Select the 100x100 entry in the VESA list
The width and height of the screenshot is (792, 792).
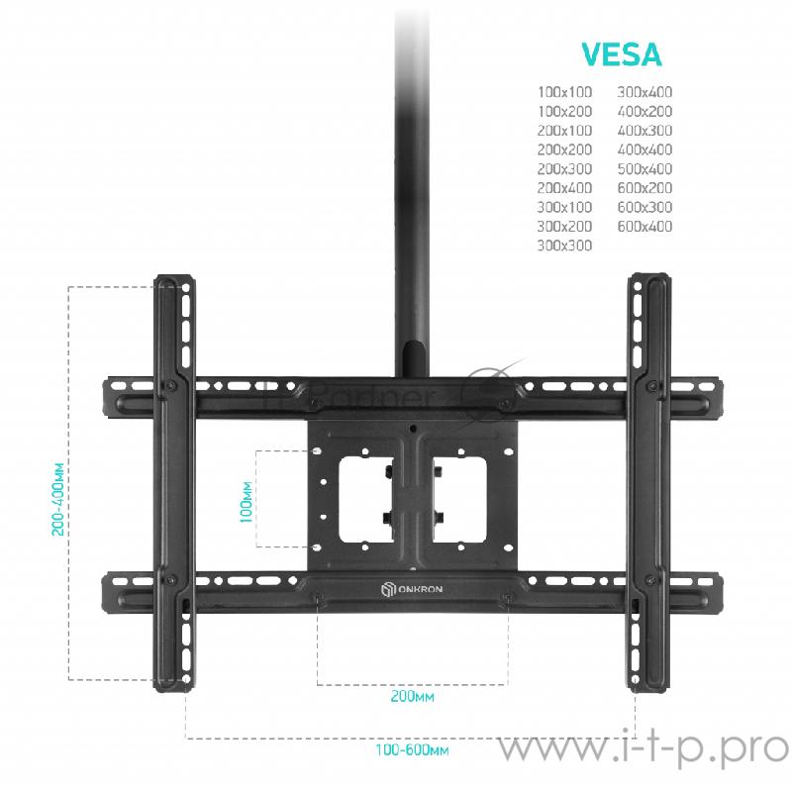[564, 92]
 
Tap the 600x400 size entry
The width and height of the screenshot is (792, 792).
[644, 227]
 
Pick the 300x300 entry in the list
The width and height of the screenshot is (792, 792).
[564, 246]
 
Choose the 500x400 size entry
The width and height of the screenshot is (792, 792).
[644, 168]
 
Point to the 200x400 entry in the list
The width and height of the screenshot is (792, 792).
[564, 188]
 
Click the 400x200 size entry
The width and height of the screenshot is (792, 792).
[644, 112]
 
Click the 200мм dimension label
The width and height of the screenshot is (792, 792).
[412, 697]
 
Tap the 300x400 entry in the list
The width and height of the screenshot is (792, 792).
[644, 92]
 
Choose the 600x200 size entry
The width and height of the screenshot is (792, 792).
[644, 188]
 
